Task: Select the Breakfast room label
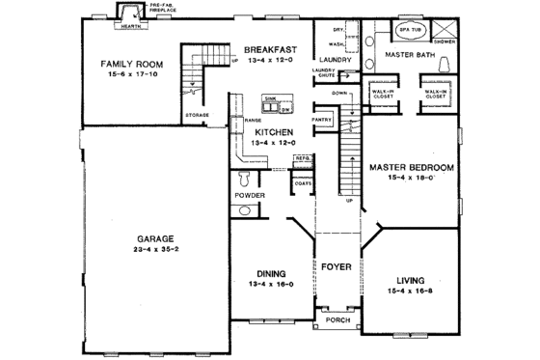pyautogui.click(x=270, y=49)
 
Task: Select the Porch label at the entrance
pyautogui.click(x=337, y=319)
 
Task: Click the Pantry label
pyautogui.click(x=322, y=121)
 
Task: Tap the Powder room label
pyautogui.click(x=250, y=194)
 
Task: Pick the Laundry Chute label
pyautogui.click(x=322, y=74)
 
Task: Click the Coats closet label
pyautogui.click(x=304, y=182)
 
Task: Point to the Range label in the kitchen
pyautogui.click(x=254, y=119)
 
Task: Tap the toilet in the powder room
pyautogui.click(x=245, y=179)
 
